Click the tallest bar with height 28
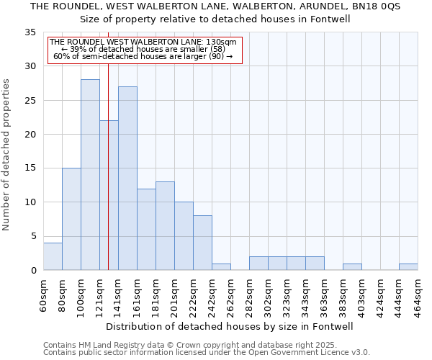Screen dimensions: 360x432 [x=90, y=174]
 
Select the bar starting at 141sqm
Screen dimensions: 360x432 [x=127, y=178]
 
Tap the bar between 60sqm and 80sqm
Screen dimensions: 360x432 [x=53, y=256]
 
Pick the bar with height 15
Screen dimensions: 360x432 [x=71, y=219]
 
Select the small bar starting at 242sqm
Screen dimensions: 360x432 [x=221, y=266]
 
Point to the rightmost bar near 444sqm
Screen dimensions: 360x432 [x=408, y=266]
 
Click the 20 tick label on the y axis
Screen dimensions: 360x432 [x=30, y=135]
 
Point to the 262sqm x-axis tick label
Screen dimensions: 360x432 [x=230, y=294]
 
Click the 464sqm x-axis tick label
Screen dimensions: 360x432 [x=418, y=294]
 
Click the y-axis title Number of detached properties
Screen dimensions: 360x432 [x=7, y=155]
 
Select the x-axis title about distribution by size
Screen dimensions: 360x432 [x=230, y=326]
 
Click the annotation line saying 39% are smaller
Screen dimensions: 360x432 [x=144, y=49]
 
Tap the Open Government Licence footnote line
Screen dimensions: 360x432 [x=206, y=352]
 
